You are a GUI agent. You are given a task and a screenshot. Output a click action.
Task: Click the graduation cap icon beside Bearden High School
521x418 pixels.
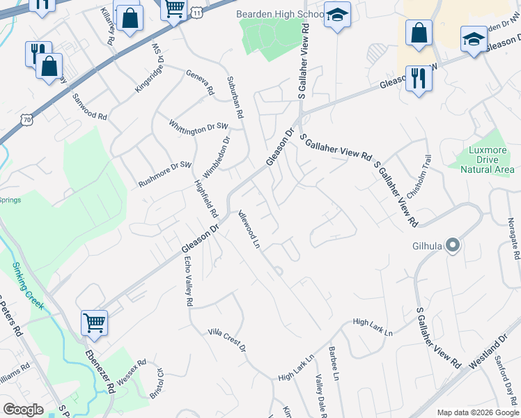pos(337,15)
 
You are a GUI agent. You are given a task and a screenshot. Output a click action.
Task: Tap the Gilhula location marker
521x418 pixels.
pos(453,245)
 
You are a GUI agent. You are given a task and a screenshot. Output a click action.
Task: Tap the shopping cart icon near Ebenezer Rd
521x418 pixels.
pos(94,323)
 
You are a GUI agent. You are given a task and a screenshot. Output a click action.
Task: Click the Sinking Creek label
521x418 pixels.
pos(27,286)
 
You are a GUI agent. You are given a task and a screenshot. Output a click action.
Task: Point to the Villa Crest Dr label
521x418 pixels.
pos(227,340)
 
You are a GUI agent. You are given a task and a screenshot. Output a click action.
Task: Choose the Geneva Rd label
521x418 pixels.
pos(199,82)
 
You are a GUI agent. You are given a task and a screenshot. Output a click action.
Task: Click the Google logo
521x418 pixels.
pos(23,410)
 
